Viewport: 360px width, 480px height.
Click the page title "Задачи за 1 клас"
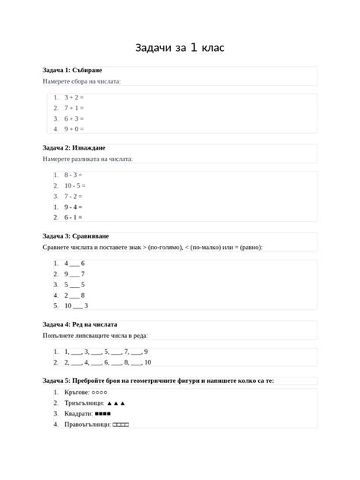[180, 48]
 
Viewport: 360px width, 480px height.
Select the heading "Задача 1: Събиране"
[72, 70]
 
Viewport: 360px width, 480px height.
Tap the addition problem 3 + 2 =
[74, 97]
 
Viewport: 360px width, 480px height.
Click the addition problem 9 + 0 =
[74, 129]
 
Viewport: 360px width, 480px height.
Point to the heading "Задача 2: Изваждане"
[74, 147]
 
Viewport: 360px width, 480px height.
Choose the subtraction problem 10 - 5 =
[74, 185]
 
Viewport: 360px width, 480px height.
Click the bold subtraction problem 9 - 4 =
[73, 207]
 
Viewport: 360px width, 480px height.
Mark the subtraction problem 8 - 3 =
[73, 175]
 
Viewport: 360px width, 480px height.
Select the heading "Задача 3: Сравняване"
[76, 236]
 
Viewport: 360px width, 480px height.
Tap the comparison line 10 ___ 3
[76, 306]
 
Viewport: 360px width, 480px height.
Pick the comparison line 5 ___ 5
[74, 285]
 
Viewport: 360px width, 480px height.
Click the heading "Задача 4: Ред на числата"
[83, 324]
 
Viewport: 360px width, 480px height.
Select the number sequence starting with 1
[106, 352]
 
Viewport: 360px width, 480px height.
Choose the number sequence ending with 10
[106, 363]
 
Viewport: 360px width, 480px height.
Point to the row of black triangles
[116, 403]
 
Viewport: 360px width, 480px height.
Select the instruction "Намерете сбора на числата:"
[82, 81]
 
